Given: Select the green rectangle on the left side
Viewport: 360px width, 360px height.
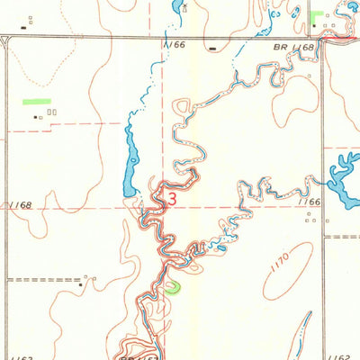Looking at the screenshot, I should tap(37, 102).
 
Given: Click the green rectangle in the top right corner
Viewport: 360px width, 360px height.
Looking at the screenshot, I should tap(317, 14).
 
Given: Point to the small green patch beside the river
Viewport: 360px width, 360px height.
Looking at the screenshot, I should tap(172, 288).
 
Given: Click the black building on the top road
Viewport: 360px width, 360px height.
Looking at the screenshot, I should tap(211, 49).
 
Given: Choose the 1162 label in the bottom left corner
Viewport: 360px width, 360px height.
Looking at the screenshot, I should tap(16, 346).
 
